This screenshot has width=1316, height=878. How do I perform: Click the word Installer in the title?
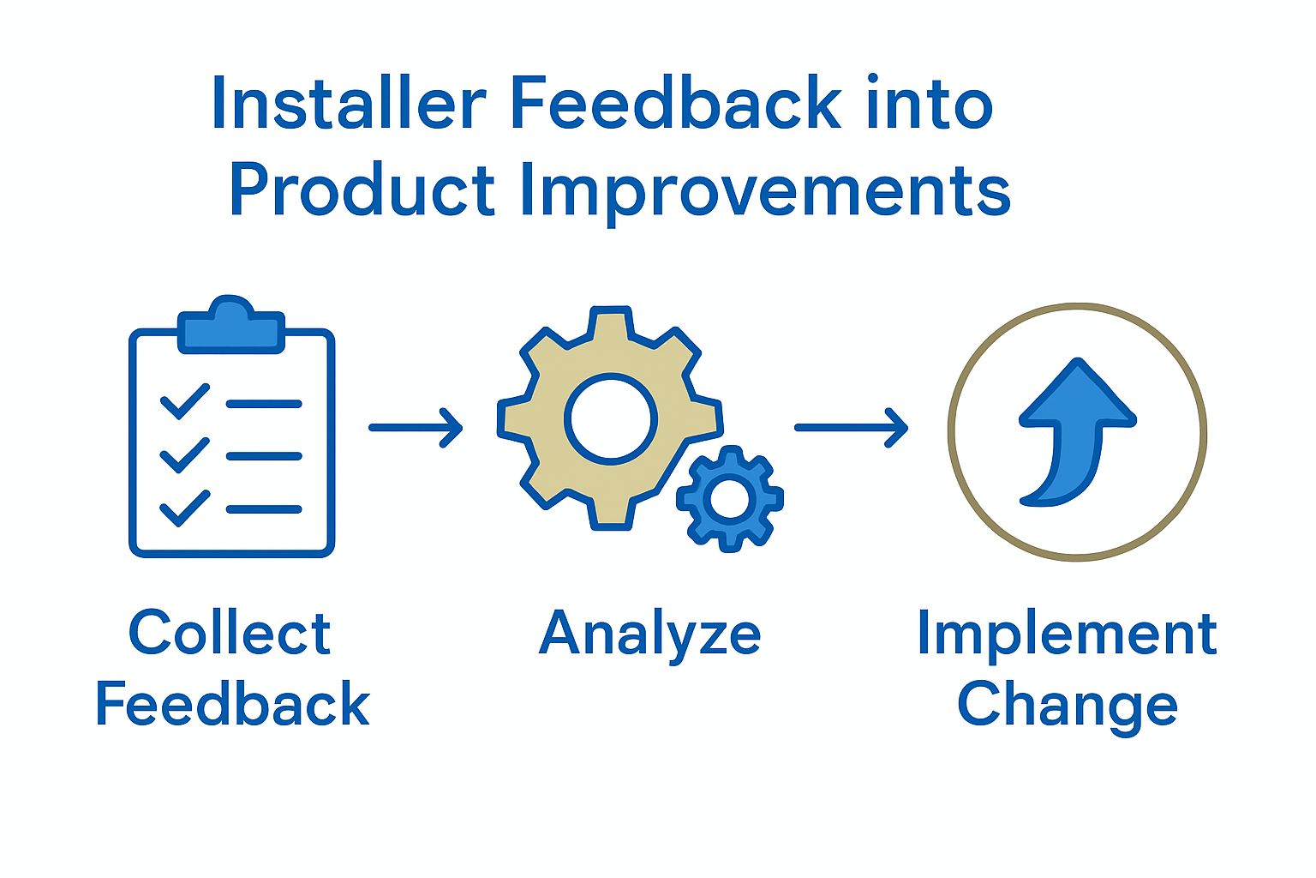pyautogui.click(x=347, y=104)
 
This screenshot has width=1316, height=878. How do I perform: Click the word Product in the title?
pyautogui.click(x=362, y=191)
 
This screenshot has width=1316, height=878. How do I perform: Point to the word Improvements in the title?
pyautogui.click(x=765, y=191)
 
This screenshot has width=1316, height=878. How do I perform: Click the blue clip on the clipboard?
pyautogui.click(x=230, y=326)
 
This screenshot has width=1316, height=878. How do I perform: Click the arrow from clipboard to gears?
pyautogui.click(x=416, y=427)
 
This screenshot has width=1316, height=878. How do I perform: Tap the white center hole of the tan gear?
pyautogui.click(x=610, y=419)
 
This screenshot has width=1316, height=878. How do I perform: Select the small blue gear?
pyautogui.click(x=730, y=498)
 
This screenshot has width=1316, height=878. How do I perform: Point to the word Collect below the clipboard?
pyautogui.click(x=230, y=634)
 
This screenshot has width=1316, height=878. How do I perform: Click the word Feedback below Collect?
pyautogui.click(x=232, y=705)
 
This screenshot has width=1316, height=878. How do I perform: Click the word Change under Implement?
pyautogui.click(x=1067, y=705)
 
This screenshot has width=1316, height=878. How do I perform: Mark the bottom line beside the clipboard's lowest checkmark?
pyautogui.click(x=264, y=509)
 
